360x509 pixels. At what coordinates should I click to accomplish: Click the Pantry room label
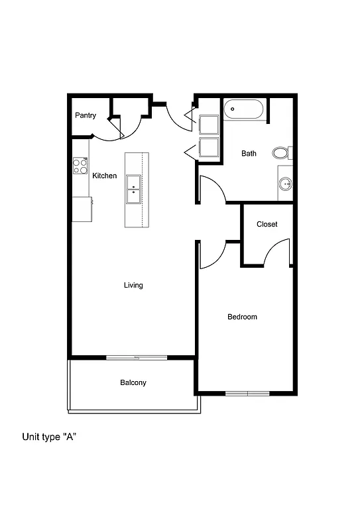pos(85,115)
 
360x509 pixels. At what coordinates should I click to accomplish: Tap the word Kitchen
pos(104,176)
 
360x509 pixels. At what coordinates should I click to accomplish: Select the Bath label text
pos(249,154)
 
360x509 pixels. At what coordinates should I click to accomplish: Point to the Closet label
pos(267,224)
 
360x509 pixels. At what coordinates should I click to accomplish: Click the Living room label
pos(133,285)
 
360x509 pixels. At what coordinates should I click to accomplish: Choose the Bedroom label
pos(242,317)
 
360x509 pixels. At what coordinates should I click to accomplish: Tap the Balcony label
pos(133,382)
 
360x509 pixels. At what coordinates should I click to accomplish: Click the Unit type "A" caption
pos(51,437)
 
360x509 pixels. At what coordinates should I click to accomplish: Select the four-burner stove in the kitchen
pos(80,166)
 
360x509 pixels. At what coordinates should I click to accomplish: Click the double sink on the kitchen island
pos(133,190)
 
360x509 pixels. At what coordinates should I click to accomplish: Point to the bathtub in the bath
pos(244,109)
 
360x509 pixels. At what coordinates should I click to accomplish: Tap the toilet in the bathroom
pos(282,153)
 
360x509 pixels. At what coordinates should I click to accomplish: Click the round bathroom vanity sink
pos(286,184)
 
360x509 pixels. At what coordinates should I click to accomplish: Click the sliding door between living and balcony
pos(137,358)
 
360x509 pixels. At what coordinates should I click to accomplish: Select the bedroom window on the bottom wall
pos(247,394)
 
